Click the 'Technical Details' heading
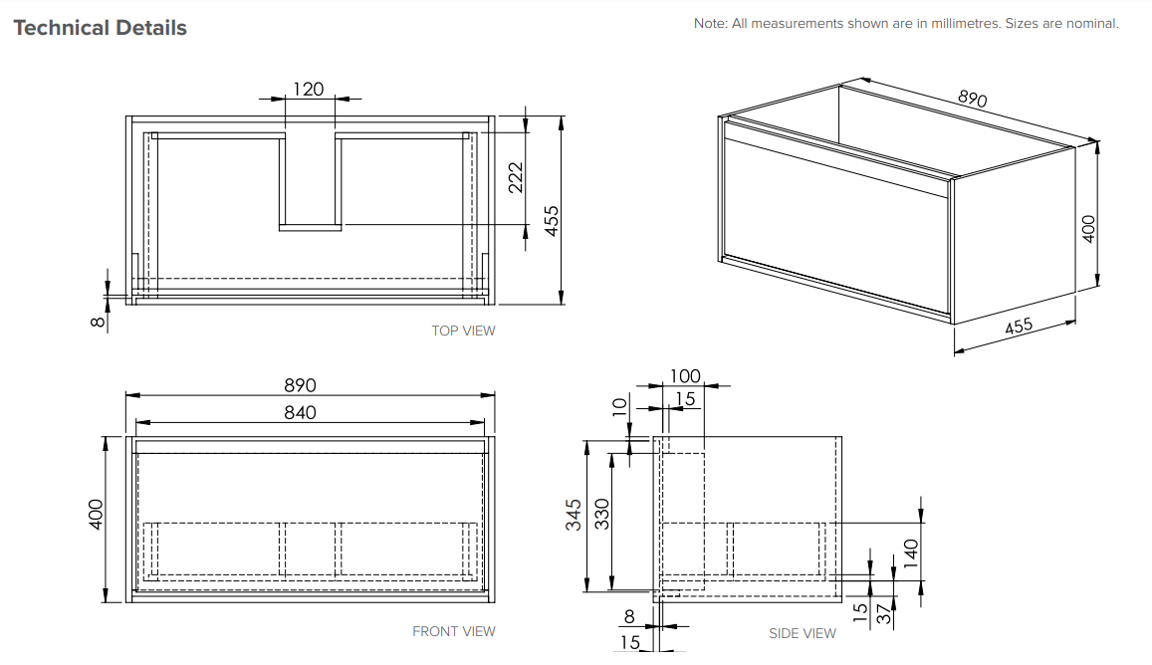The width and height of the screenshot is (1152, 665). coord(100,28)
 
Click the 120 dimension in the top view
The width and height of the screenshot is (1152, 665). coord(309,89)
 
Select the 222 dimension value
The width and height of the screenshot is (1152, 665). coord(516,178)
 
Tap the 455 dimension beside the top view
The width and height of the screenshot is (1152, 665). coord(551,220)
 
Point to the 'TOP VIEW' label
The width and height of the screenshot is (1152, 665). coord(464,331)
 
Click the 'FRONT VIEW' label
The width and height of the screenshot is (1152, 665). coord(454,631)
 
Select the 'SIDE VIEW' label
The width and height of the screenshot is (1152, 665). coord(803,633)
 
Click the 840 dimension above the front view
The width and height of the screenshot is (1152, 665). coord(300,413)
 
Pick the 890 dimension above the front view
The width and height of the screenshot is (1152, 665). coord(300,385)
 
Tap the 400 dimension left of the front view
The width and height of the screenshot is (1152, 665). coord(96,514)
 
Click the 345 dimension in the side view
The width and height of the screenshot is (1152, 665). coord(574,515)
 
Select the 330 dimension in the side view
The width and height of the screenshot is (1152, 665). coord(601,515)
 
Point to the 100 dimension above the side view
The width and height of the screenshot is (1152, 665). coord(685,376)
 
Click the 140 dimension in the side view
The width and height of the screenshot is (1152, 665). coord(911,554)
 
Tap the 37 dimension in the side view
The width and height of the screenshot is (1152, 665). coord(884,613)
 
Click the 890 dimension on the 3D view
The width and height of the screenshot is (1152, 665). coord(972,99)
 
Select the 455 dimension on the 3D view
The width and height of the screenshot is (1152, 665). coord(1019,326)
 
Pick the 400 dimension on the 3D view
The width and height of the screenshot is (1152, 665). coord(1089,229)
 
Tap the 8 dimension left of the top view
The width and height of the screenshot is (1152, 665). coord(97,322)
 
